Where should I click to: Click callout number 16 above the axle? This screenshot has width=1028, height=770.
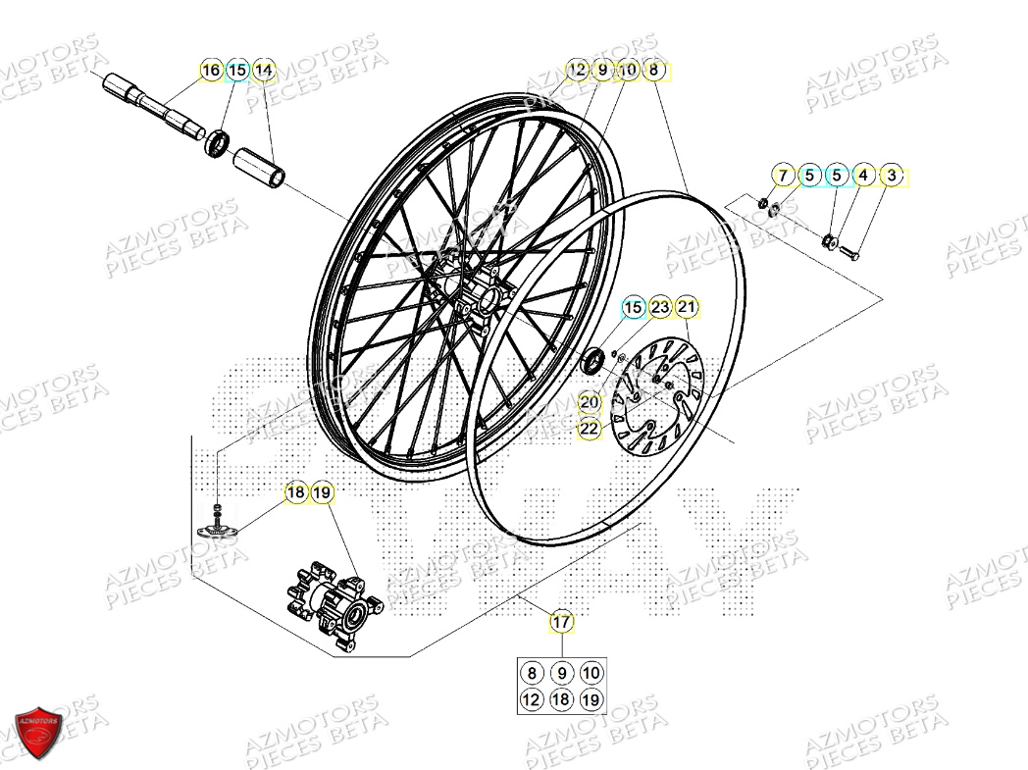tap(211, 71)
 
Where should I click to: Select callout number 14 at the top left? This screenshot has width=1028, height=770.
tap(263, 71)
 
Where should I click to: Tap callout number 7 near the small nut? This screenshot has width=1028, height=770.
tap(783, 177)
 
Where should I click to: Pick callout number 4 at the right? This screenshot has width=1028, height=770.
tap(863, 177)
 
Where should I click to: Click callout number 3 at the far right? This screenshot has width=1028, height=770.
tap(891, 177)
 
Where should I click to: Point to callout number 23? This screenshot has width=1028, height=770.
tap(660, 308)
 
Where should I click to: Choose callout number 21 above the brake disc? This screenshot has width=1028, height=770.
tap(687, 308)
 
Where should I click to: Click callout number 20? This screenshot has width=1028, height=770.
tap(589, 401)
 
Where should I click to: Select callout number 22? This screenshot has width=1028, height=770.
tap(589, 429)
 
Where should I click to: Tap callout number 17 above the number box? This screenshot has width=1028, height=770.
tap(561, 621)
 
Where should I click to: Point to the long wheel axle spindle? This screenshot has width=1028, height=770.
tap(157, 104)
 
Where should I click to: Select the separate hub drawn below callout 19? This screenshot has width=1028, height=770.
tap(334, 600)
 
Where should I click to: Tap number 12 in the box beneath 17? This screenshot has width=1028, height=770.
tap(532, 699)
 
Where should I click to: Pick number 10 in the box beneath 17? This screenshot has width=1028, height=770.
tap(591, 673)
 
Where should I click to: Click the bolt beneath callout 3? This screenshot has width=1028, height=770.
tap(849, 253)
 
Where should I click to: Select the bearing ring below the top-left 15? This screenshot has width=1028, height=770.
tap(218, 143)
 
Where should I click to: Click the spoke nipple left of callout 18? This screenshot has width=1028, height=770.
tap(218, 521)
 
